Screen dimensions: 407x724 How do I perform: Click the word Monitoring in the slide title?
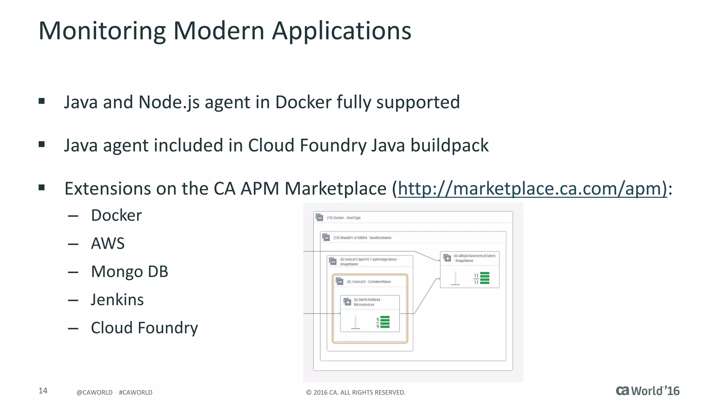tap(102, 31)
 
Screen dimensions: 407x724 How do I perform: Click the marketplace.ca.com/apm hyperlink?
tap(532, 188)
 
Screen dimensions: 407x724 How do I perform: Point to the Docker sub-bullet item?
tap(116, 215)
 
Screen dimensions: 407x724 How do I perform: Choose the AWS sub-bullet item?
tap(108, 243)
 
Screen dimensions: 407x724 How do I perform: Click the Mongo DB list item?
tap(129, 272)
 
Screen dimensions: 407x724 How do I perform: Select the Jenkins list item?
tap(117, 300)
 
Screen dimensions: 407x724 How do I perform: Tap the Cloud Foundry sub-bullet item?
tap(144, 328)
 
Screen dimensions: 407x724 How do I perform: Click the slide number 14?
tap(43, 391)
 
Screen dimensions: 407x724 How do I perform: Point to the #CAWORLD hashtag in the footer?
tap(135, 393)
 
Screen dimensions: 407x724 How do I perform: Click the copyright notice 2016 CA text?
tap(356, 393)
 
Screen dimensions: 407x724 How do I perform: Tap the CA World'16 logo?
tap(647, 391)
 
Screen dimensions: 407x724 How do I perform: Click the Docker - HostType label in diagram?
tap(343, 218)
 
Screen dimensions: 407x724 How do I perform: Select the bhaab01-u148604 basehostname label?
tap(362, 238)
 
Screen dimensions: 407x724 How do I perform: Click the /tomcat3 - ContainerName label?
tap(369, 282)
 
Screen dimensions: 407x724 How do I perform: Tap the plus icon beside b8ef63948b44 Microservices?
tap(348, 302)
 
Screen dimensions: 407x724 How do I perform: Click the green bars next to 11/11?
tap(485, 278)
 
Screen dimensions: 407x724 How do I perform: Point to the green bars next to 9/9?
tap(385, 322)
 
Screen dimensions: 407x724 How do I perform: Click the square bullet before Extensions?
tap(42, 188)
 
